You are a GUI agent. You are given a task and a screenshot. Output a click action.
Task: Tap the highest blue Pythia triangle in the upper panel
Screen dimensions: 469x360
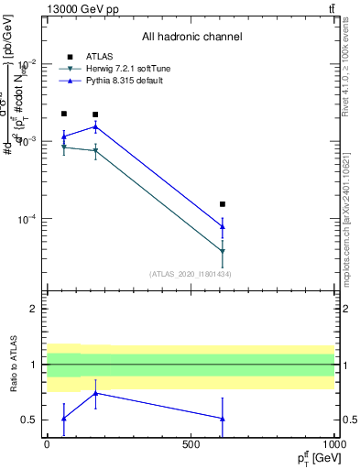95,126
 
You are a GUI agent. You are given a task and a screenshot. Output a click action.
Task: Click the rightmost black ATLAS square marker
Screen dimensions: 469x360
223,204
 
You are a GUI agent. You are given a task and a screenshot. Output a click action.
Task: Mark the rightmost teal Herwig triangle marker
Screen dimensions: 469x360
223,251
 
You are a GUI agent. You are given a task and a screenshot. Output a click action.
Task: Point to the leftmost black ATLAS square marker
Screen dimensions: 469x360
63,114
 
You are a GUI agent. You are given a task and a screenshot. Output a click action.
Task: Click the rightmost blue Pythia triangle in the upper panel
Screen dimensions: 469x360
223,226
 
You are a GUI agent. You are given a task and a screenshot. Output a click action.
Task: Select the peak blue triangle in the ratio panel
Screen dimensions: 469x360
95,393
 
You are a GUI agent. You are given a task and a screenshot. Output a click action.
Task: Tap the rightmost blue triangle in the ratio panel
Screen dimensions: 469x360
223,419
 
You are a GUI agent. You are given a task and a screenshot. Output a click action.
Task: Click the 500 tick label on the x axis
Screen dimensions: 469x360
191,443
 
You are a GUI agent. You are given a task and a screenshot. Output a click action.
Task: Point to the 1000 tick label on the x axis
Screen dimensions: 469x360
333,443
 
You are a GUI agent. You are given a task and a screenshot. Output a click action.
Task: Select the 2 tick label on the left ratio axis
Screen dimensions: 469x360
34,309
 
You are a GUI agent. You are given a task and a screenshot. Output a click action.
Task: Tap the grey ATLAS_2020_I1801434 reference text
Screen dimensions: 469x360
191,274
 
